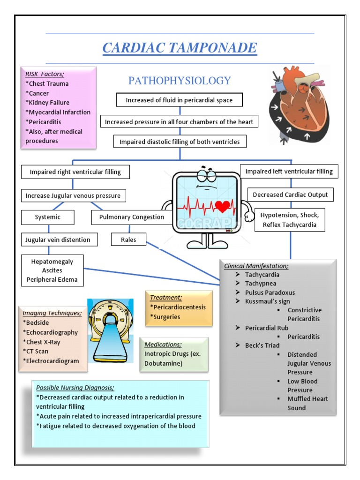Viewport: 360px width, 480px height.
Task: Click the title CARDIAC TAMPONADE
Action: click(x=180, y=48)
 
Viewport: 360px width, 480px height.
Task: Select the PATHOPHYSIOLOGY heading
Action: click(x=180, y=81)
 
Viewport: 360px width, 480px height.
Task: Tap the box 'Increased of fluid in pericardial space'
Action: click(x=180, y=100)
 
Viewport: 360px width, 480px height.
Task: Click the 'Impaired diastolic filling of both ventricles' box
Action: click(x=180, y=142)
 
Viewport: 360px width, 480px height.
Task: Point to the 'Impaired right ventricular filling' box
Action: click(x=75, y=172)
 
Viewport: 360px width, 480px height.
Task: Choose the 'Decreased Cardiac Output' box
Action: click(x=290, y=195)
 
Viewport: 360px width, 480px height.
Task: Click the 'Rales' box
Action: click(x=128, y=240)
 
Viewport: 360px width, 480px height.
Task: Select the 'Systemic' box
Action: click(x=48, y=217)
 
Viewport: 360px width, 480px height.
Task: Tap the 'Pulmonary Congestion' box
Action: click(x=131, y=217)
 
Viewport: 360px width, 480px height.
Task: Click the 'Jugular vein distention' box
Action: click(x=58, y=240)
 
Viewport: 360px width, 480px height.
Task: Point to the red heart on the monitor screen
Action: click(x=222, y=206)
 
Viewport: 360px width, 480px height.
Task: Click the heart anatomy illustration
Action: click(x=299, y=105)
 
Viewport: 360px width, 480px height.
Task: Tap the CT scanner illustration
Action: click(x=110, y=330)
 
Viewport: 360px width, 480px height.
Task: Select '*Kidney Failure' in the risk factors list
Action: click(x=48, y=103)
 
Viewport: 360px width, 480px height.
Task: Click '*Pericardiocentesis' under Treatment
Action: click(x=178, y=307)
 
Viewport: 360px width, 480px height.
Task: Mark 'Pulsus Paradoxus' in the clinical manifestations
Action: click(x=270, y=292)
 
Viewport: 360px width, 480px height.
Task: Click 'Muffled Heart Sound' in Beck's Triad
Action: click(x=307, y=403)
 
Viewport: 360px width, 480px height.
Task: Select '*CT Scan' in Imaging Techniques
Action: click(x=36, y=351)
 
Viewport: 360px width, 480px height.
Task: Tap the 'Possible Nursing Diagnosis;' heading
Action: click(x=75, y=388)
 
